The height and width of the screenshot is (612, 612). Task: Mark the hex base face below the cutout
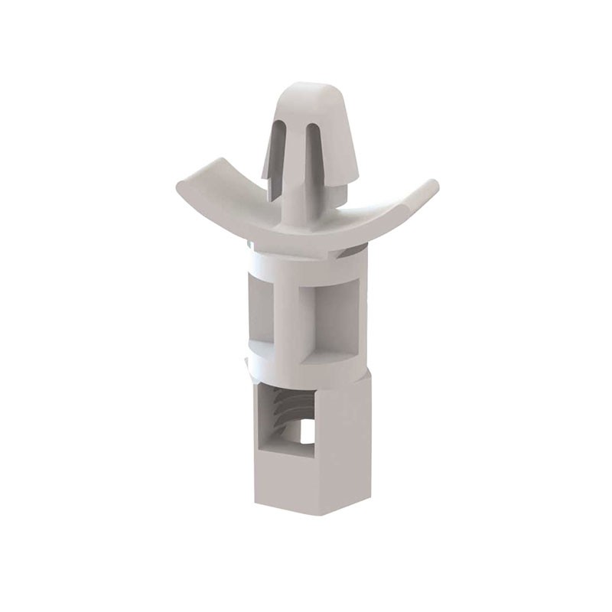pyautogui.click(x=283, y=482)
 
